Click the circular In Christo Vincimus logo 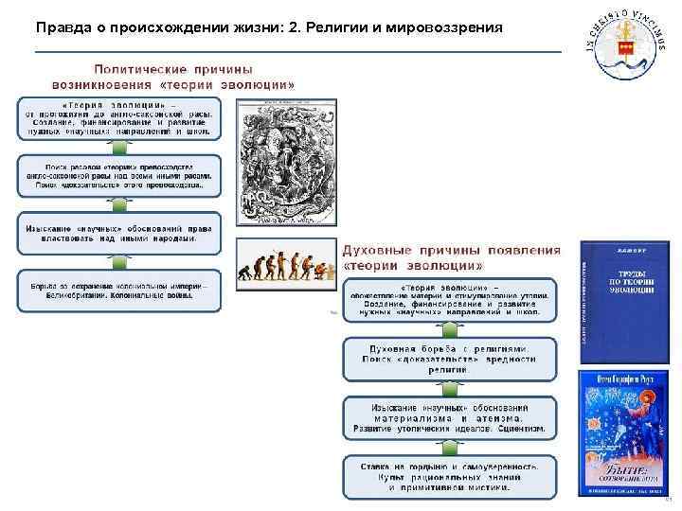tap(622, 44)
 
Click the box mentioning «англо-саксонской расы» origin tap(118, 118)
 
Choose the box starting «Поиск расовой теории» tap(118, 176)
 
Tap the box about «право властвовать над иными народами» tap(118, 233)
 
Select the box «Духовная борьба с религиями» tap(450, 358)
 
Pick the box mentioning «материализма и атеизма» tap(450, 417)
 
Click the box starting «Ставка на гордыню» tap(450, 477)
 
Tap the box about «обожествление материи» tap(450, 301)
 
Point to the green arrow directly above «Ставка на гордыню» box tap(450, 448)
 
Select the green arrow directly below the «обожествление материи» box tap(450, 329)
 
